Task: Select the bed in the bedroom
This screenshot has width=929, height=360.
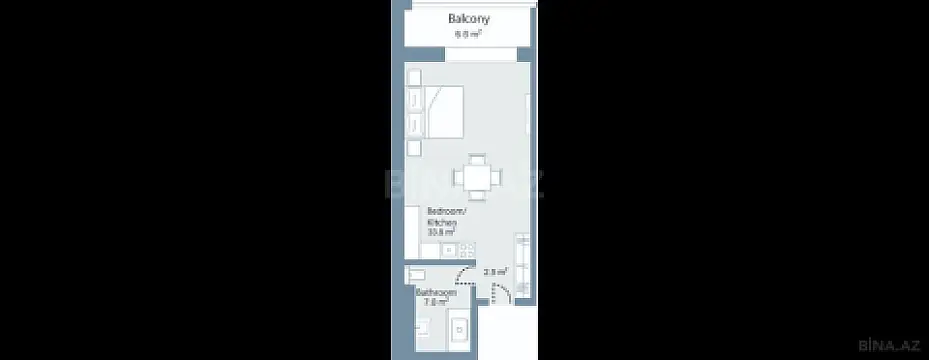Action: (x=441, y=111)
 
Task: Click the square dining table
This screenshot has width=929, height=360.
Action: (x=476, y=180)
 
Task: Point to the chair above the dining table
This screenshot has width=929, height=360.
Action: (x=476, y=159)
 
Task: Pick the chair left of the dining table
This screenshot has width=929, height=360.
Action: (x=456, y=180)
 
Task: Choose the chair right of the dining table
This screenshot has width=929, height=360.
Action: (x=496, y=180)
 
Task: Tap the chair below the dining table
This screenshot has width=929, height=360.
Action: (x=476, y=200)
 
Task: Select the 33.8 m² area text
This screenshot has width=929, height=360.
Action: (x=440, y=234)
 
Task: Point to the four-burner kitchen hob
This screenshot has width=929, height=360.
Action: (x=467, y=251)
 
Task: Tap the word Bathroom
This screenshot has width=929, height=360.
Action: (x=436, y=293)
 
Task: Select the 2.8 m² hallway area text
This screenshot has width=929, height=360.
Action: (x=495, y=271)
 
